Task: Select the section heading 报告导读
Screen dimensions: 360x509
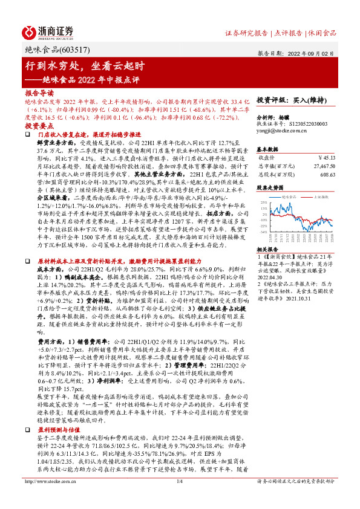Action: [39, 94]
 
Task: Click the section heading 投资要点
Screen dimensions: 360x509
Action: [39, 125]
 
